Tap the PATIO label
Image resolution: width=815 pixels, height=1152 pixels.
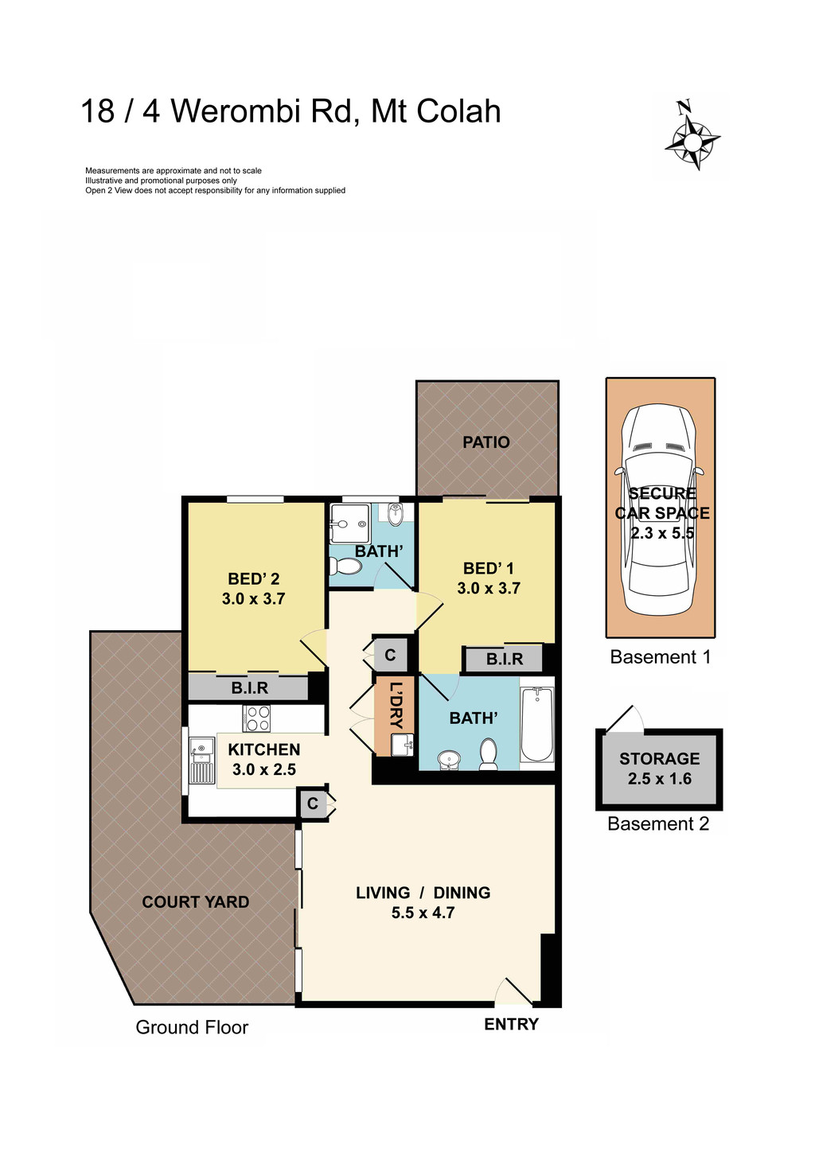click(x=485, y=442)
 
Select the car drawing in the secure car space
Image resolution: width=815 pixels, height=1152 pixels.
click(x=660, y=509)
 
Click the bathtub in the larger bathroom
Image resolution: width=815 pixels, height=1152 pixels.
click(x=537, y=724)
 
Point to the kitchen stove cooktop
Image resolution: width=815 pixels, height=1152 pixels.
click(x=256, y=718)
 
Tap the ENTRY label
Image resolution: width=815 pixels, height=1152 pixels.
click(x=511, y=1025)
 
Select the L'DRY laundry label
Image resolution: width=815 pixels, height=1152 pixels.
click(x=396, y=706)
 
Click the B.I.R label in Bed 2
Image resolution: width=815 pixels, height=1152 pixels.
click(x=249, y=688)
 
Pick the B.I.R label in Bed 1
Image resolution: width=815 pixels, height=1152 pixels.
click(x=505, y=660)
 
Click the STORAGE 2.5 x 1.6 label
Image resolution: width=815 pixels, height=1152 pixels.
click(x=659, y=769)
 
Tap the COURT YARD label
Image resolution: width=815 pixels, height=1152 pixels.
click(x=196, y=902)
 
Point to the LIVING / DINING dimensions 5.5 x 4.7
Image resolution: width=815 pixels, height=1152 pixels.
click(x=423, y=913)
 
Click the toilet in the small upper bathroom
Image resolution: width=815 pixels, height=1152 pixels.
click(x=346, y=566)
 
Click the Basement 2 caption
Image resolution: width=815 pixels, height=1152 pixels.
click(x=657, y=824)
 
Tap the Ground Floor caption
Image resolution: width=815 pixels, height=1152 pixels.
click(x=192, y=1028)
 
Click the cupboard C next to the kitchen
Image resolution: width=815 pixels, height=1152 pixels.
click(x=313, y=804)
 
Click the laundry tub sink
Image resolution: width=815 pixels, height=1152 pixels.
click(x=402, y=745)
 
